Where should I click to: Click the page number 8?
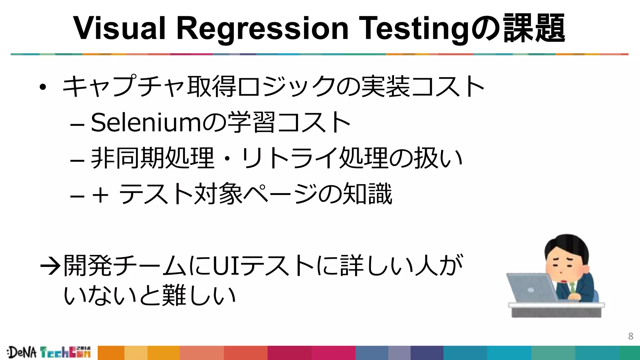(631, 336)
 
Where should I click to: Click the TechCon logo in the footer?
(65, 352)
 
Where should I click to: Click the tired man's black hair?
(566, 245)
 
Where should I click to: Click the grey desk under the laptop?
(556, 311)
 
